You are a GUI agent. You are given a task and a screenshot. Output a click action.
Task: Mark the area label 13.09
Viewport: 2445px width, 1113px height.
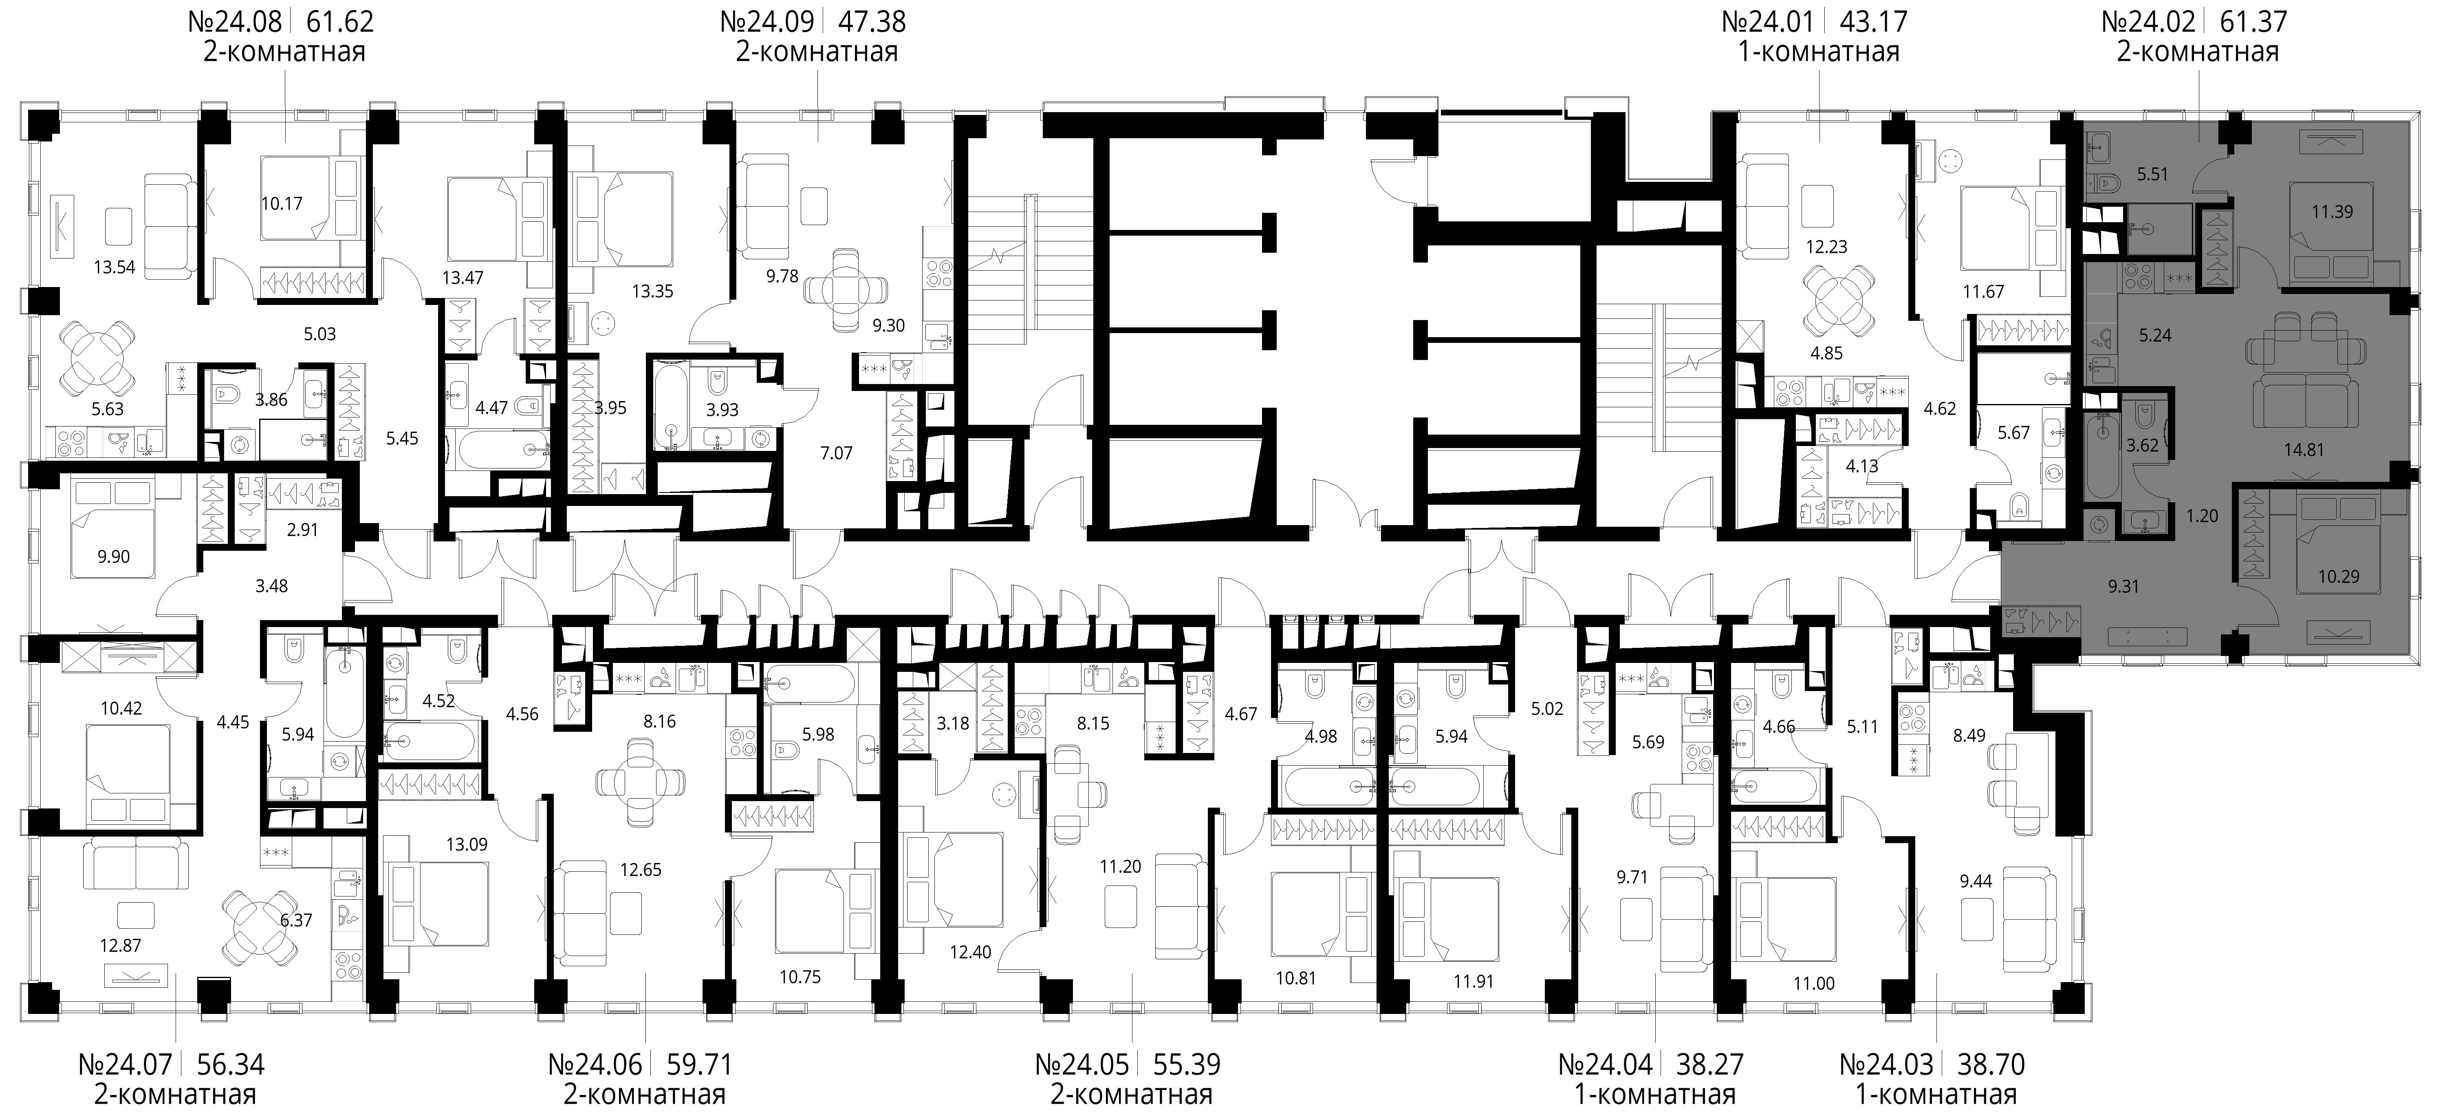[x=467, y=843]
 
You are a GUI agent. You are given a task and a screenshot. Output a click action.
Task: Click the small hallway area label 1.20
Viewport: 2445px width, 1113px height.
[x=2202, y=516]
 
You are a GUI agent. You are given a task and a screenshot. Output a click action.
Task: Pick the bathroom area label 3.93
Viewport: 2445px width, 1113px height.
[x=722, y=410]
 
